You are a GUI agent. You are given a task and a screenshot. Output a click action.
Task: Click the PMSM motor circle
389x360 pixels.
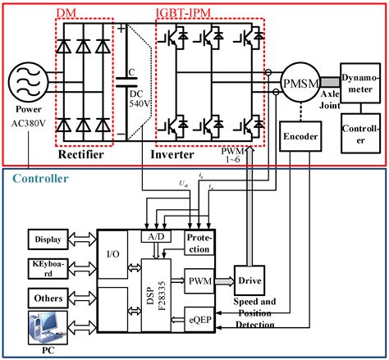pyautogui.click(x=296, y=84)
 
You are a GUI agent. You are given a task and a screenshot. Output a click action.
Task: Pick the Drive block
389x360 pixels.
pyautogui.click(x=249, y=280)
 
